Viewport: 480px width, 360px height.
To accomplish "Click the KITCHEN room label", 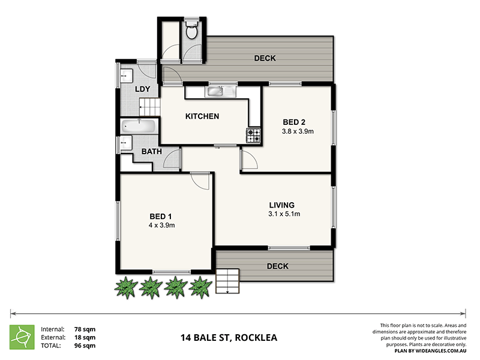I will [x=202, y=116].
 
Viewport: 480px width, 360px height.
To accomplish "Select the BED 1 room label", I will [x=161, y=217].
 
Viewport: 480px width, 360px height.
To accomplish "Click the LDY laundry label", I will [x=142, y=90].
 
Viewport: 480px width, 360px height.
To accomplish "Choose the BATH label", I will [x=151, y=152].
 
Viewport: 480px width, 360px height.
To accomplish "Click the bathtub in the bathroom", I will [x=139, y=127].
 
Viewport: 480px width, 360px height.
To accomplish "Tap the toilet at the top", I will [x=192, y=30].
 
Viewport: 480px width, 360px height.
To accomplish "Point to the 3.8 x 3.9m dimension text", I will [x=298, y=131].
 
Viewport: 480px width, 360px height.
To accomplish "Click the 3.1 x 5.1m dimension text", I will [x=284, y=214].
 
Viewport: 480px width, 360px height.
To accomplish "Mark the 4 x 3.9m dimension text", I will [x=161, y=226].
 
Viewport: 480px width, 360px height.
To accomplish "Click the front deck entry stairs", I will [x=227, y=281].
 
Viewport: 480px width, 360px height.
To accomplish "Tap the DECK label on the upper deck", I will [x=265, y=58].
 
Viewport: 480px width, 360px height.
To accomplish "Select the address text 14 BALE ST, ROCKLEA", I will [x=229, y=337].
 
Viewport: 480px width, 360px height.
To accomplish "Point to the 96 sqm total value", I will [x=85, y=346].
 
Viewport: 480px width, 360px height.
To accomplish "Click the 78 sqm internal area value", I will [x=85, y=329].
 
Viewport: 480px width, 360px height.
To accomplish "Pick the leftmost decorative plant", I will [x=125, y=287].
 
